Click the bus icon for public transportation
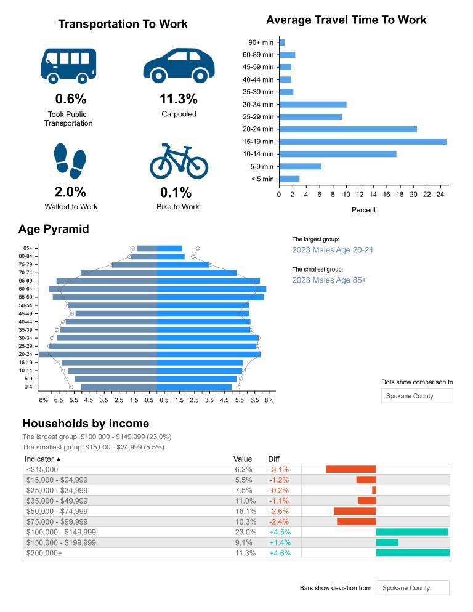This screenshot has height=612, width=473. pos(68,65)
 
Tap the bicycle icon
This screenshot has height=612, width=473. pos(179,162)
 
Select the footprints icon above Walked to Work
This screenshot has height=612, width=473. pos(70,161)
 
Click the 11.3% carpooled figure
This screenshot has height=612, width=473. pos(179,99)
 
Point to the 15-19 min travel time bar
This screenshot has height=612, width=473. pos(362,142)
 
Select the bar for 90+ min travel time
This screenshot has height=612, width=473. pos(281,42)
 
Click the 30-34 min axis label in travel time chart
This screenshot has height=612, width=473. pos(258,105)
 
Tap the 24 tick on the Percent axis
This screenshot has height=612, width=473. pos(440,195)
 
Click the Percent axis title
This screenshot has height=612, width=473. pos(363,210)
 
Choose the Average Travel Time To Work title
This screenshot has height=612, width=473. pos(346,20)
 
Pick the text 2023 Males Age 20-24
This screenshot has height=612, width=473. pos(333,250)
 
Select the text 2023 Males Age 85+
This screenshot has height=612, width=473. pos(329,280)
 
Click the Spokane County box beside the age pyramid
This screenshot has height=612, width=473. pos(417,396)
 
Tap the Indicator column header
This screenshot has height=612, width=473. pos(43,459)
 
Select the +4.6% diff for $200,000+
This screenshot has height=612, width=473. pos(280,553)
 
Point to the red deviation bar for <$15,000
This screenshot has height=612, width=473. pos(350,469)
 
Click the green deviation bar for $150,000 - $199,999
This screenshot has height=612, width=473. pos(387,542)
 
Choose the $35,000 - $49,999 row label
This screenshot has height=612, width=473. pos(57,501)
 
